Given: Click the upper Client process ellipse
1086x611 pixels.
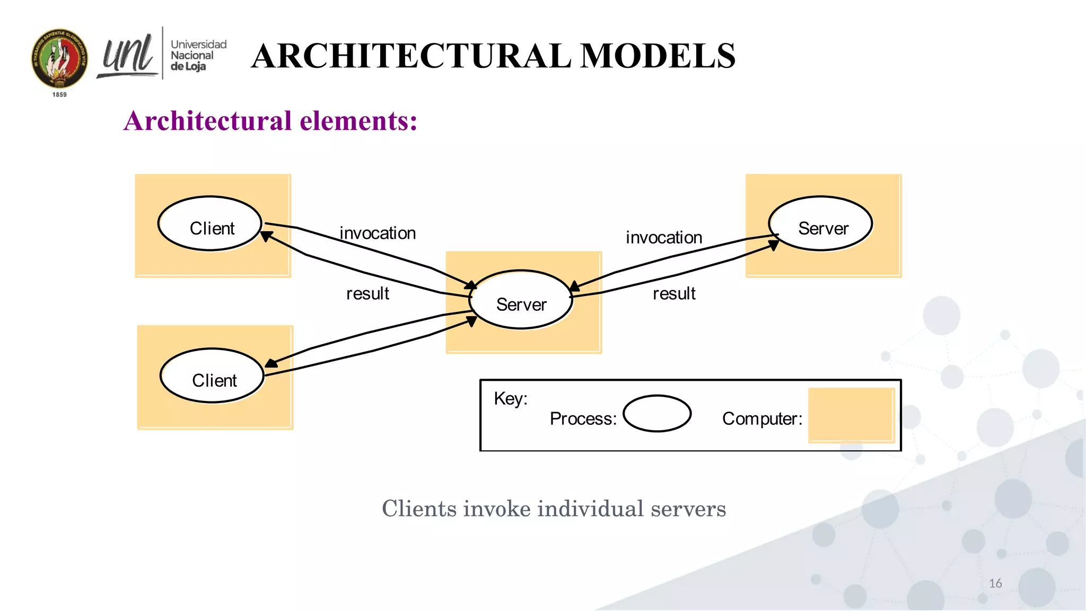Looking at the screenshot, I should coord(210,223).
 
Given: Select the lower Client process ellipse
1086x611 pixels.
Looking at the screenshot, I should coord(212,376).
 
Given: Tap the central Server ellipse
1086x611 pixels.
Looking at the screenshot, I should coord(521,300).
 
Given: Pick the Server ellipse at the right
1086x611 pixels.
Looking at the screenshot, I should coord(820,223).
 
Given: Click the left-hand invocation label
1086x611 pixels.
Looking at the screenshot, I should coord(378,233).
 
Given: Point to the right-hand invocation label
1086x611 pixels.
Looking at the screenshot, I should coord(664,238).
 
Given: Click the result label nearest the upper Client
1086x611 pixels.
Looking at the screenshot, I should coord(367,293).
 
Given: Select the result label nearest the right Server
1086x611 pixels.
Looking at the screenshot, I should coord(674,293).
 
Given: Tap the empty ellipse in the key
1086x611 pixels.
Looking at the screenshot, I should coord(657,413).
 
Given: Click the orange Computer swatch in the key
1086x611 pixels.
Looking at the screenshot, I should coord(851,415).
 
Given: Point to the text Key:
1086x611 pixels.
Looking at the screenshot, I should coord(510,398).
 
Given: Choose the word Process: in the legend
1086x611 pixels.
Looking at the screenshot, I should coord(583,419).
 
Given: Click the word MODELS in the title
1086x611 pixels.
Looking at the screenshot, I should coord(658,56).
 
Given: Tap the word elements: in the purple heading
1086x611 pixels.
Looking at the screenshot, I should coord(358,121).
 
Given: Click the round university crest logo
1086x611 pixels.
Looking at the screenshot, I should coord(59,58).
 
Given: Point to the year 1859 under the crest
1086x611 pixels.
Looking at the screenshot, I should coord(59,94).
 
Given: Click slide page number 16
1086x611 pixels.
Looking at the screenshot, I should coord(995,583).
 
